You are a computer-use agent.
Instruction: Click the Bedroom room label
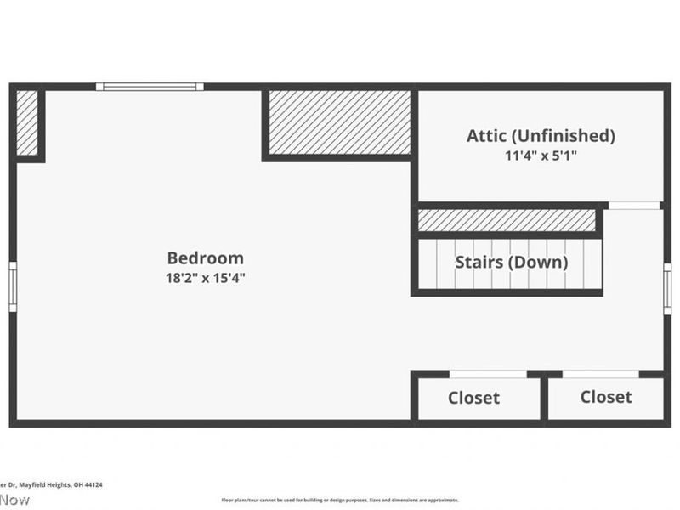pos(205,258)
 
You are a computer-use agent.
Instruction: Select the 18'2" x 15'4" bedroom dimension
pos(205,278)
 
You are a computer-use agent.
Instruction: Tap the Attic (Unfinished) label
pos(541,135)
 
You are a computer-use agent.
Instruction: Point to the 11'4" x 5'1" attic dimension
pos(541,156)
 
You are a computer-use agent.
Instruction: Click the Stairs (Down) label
pos(511,262)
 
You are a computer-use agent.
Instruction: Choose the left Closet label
pos(473,398)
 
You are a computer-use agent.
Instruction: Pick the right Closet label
pos(606,397)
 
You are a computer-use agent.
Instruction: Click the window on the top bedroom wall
pos(150,86)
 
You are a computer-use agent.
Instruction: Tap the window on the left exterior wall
pos(13,286)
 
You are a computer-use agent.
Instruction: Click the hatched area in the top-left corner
pos(27,123)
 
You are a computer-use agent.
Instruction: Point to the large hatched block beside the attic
pos(339,122)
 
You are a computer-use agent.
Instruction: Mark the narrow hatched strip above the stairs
pos(507,220)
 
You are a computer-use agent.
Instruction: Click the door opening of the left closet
pos(488,374)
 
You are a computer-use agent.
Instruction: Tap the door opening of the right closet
pos(600,374)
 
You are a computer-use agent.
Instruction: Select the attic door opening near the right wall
pos(634,206)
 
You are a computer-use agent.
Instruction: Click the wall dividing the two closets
pos(544,398)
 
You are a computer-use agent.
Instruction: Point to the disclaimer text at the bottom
pos(340,501)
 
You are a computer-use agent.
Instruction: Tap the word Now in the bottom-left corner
pos(14,500)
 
